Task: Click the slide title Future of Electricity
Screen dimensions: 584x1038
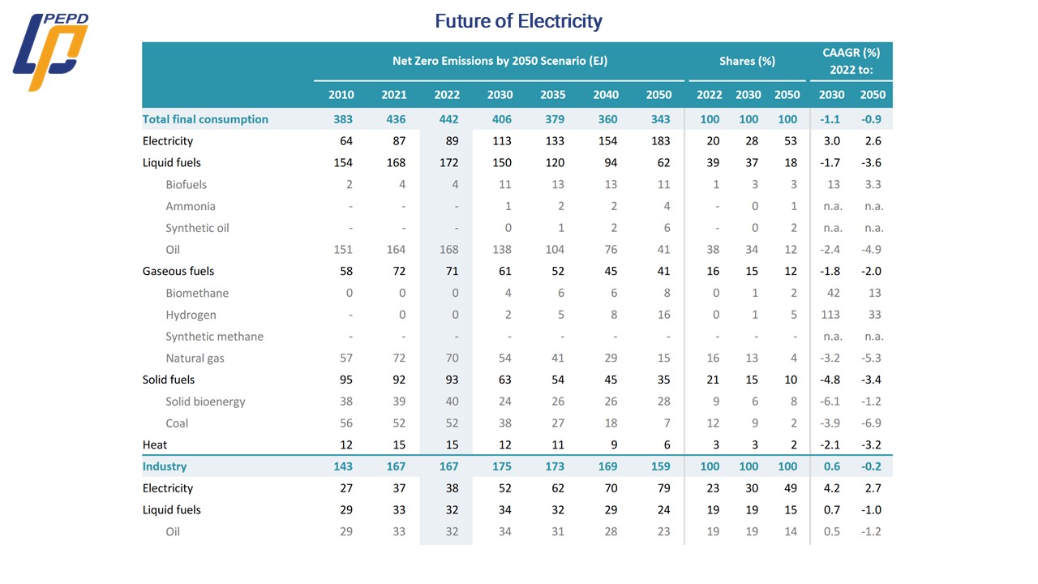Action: (x=518, y=21)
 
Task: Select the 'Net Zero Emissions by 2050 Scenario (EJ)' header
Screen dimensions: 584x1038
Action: (x=500, y=61)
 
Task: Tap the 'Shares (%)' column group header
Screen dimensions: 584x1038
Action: (x=747, y=61)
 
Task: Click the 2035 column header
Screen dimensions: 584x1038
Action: (x=553, y=94)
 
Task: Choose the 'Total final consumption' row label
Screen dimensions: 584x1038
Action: (x=205, y=119)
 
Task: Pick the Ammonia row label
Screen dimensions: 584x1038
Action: (x=191, y=206)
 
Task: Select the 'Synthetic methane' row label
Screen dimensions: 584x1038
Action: (x=214, y=337)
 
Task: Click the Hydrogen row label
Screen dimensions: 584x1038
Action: (x=191, y=315)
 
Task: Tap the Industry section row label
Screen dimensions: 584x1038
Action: (x=165, y=466)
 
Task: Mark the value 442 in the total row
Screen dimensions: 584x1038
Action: (x=448, y=119)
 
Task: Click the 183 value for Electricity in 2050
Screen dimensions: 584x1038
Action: (x=660, y=141)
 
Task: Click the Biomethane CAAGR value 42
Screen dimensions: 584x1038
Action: (x=833, y=293)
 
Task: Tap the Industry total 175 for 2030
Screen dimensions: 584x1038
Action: (x=500, y=466)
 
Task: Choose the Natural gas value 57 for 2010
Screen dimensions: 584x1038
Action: (x=345, y=359)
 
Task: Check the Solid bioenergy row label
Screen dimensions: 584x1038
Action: (x=205, y=401)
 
